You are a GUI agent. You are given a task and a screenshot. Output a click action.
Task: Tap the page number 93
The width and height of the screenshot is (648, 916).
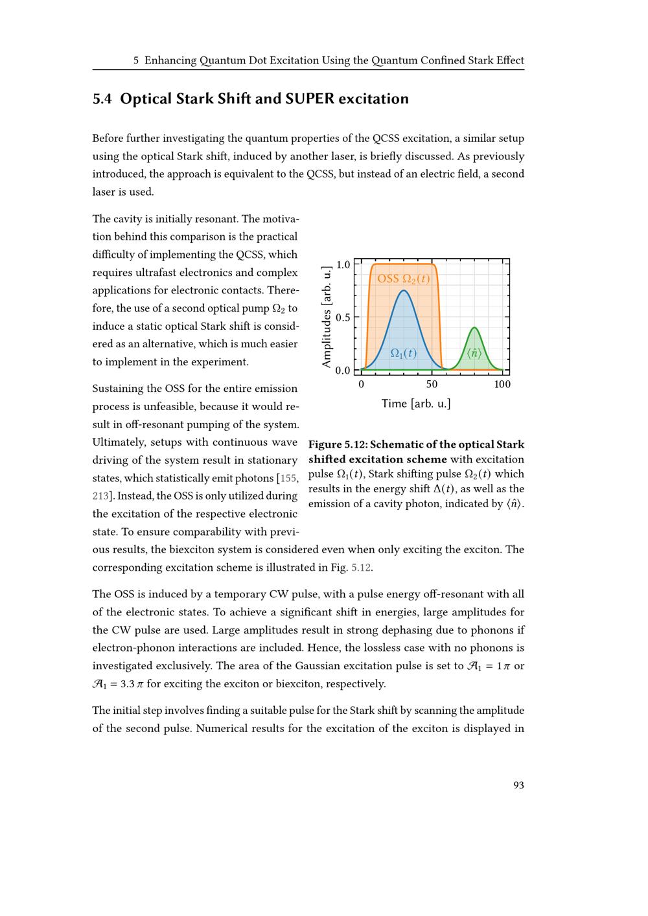tap(518, 785)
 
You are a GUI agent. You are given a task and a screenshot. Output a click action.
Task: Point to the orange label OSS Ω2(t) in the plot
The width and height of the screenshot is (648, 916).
tap(403, 279)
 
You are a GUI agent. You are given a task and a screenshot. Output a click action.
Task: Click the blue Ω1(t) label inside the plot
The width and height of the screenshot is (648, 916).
tap(403, 354)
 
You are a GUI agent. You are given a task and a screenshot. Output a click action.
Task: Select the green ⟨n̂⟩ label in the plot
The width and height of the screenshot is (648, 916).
tap(474, 354)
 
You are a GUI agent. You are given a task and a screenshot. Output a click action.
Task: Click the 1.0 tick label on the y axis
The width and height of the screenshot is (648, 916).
tap(343, 264)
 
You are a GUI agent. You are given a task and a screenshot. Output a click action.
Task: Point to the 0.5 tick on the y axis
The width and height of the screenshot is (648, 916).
tap(343, 317)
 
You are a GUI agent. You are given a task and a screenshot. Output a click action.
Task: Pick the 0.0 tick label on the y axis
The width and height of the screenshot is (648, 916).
tap(343, 371)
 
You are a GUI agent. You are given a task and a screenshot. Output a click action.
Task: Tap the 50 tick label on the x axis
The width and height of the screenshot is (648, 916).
tap(432, 385)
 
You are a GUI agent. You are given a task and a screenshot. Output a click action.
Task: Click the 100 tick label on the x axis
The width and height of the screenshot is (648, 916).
tap(502, 385)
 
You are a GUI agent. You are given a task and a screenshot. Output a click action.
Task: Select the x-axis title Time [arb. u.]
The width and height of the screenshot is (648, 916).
tap(416, 404)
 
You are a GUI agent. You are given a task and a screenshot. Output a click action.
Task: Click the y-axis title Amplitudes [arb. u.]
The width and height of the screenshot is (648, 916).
tap(327, 317)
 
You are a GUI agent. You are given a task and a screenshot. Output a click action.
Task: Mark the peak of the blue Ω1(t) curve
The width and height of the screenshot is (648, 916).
tap(404, 291)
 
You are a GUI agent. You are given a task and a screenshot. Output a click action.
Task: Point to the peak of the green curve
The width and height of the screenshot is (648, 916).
tap(474, 328)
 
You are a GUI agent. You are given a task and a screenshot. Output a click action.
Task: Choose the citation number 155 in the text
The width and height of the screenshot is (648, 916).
tap(289, 479)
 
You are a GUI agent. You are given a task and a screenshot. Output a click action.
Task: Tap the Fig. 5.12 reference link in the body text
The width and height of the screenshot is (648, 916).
tap(360, 568)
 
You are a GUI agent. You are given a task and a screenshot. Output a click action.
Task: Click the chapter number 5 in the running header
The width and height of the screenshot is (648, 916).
tap(136, 61)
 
